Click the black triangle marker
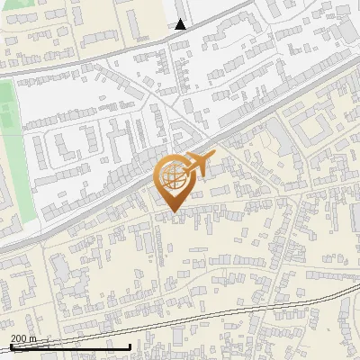point(181,24)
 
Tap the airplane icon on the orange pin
point(196,165)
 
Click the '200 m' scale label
point(23,338)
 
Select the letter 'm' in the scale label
point(32,338)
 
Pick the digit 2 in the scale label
point(13,338)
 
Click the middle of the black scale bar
point(70,346)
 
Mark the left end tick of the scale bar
point(10,346)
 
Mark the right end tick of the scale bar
point(130,346)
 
